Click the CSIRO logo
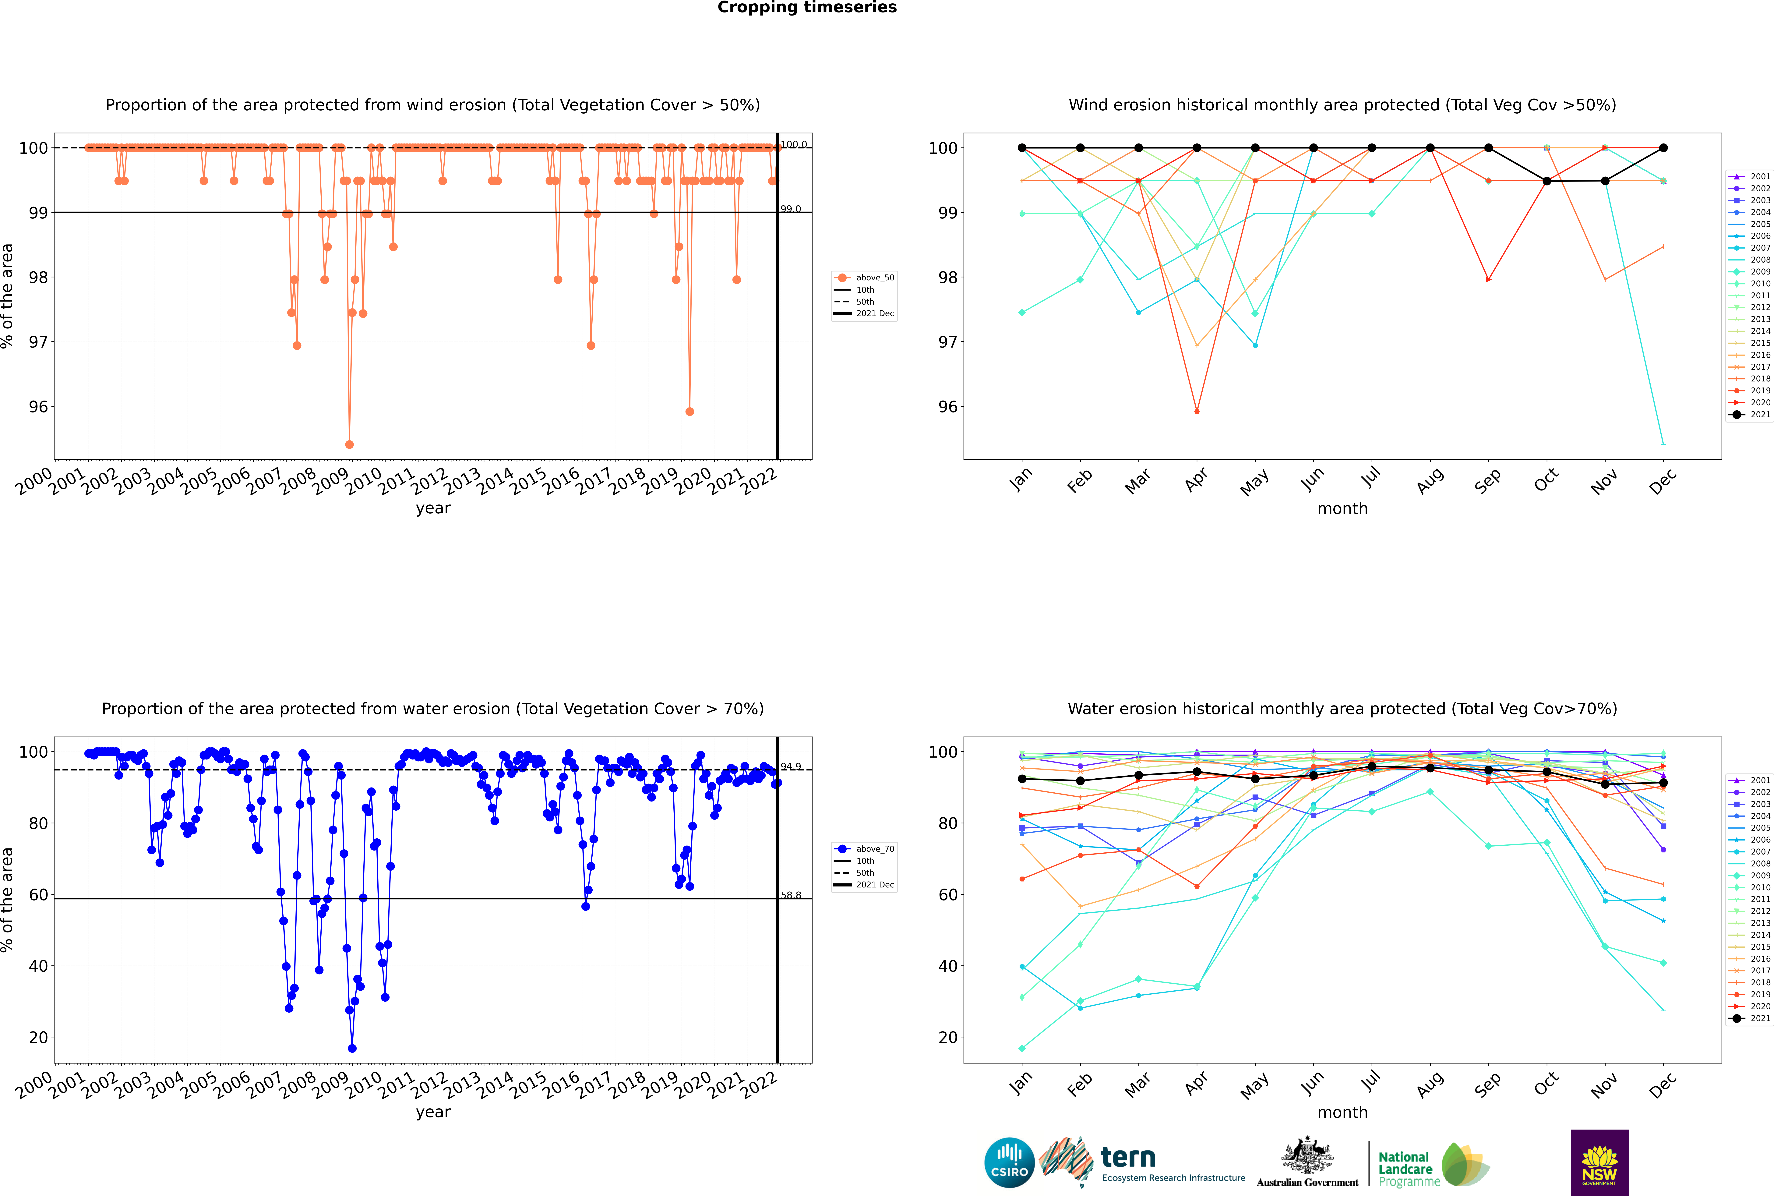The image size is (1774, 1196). (1009, 1162)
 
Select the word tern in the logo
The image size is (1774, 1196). (1128, 1158)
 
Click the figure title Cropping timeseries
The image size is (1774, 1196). (807, 8)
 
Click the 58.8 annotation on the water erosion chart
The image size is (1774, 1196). (791, 895)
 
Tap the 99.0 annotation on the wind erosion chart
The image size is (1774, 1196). (791, 209)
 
